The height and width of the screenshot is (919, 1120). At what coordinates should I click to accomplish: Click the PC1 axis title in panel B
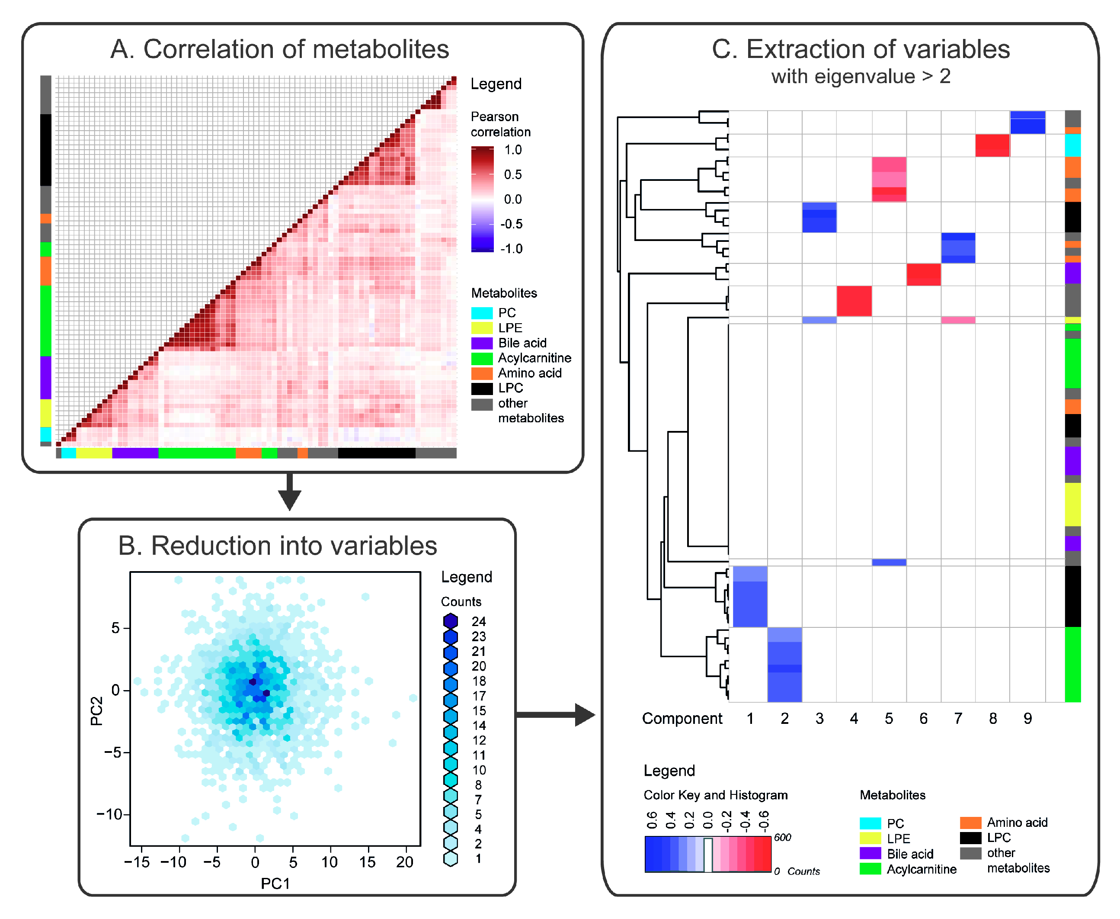coord(275,884)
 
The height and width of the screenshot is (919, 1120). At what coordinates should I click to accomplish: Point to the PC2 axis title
coord(96,710)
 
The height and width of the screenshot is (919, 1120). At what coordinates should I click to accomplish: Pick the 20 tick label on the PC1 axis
coord(405,862)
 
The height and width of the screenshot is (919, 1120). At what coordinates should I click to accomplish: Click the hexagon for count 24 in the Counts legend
coord(450,621)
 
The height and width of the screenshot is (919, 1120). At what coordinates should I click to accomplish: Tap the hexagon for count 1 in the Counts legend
coord(450,858)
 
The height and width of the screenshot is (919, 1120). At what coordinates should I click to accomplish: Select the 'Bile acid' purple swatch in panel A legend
coord(481,343)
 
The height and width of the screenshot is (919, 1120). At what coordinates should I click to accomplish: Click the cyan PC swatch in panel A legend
coord(481,313)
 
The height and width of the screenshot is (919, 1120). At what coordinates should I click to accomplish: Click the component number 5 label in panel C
coord(888,718)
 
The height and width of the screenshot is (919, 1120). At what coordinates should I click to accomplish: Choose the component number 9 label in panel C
coord(1027,718)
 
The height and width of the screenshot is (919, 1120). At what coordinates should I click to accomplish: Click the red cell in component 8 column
coord(992,145)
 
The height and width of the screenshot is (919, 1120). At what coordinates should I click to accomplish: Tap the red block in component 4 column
coord(853,301)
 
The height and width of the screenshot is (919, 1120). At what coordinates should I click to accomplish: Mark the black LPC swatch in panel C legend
coord(970,838)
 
